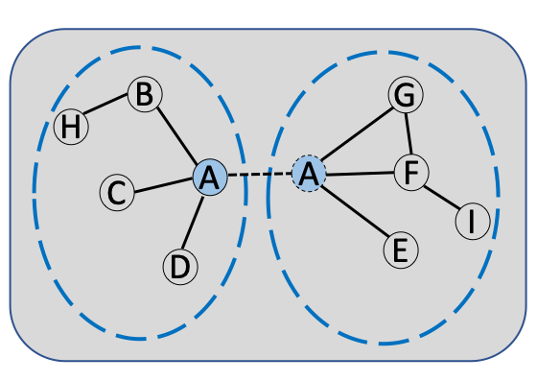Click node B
tap(145, 95)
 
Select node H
tap(70, 127)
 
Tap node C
tap(116, 192)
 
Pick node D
tap(179, 267)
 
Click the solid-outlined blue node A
tap(210, 178)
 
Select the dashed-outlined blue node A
tap(309, 174)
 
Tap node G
tap(406, 95)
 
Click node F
tap(411, 173)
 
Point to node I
tap(472, 221)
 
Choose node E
tap(401, 250)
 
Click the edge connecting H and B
tap(106, 110)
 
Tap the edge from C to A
tap(163, 185)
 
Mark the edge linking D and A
tap(195, 222)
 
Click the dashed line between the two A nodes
tap(259, 176)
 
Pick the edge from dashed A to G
tap(357, 134)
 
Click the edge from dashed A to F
tap(360, 174)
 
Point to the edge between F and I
tap(441, 197)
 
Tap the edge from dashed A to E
tap(355, 211)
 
